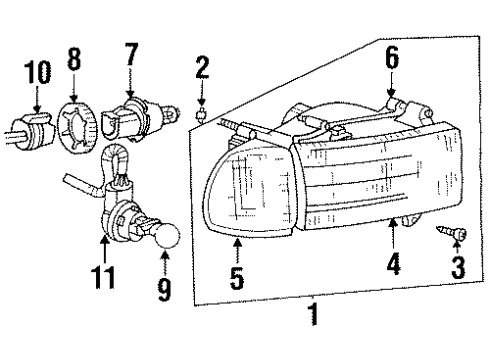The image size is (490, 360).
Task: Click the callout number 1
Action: point(312,318)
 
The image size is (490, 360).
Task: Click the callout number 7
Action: point(130,57)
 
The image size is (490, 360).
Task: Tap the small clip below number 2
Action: point(201,116)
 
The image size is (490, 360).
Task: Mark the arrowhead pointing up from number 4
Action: point(393,220)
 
